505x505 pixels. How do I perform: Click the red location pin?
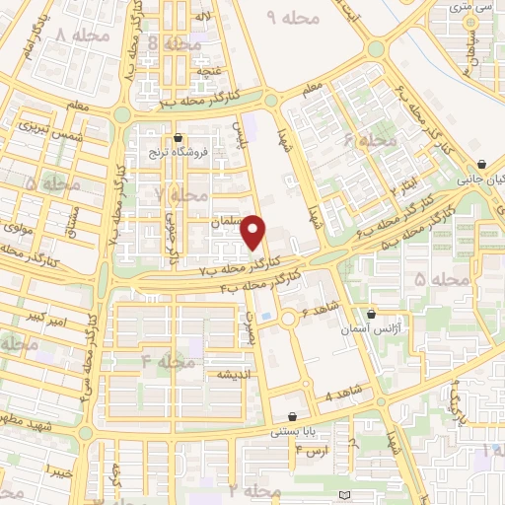(255, 231)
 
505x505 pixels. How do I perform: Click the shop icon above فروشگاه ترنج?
(178, 138)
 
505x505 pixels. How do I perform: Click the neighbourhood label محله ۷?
(181, 194)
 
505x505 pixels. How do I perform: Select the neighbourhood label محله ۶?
(370, 142)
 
